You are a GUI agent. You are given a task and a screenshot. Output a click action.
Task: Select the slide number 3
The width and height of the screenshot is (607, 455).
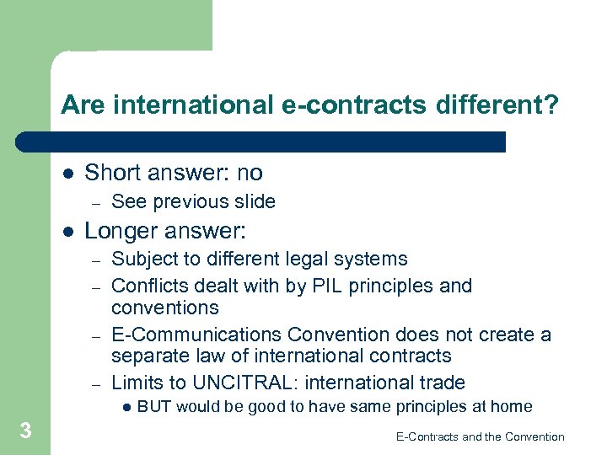tap(26, 431)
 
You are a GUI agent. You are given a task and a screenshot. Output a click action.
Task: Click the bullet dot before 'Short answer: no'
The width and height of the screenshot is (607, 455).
tap(67, 173)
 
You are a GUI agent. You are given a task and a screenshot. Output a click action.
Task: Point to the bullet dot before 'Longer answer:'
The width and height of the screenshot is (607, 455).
tap(67, 231)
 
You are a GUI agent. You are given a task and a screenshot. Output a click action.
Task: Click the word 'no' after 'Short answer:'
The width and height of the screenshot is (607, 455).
tap(250, 173)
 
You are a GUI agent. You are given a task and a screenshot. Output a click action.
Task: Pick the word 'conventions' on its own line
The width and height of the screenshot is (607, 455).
tap(165, 308)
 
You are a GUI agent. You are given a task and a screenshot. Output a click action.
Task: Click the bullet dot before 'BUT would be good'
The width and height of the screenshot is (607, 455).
tap(125, 408)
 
